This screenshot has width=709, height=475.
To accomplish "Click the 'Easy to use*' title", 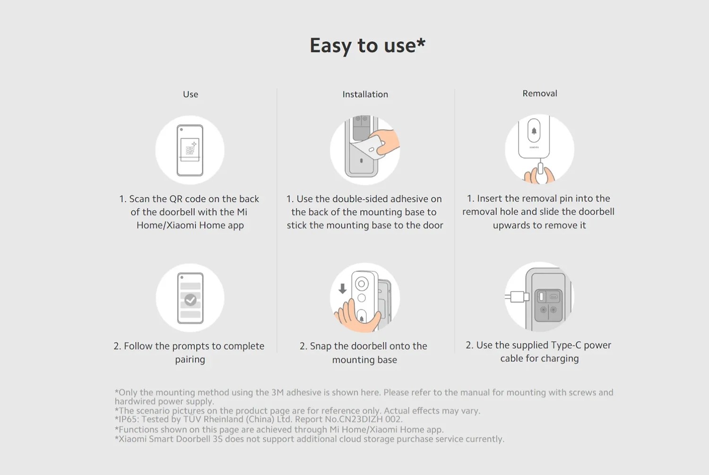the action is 367,45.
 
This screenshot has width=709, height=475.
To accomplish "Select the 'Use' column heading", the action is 190,95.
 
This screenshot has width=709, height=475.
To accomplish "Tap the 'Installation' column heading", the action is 365,95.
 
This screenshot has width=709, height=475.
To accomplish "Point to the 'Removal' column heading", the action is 540,94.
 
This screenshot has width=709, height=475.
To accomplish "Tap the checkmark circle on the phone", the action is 190,299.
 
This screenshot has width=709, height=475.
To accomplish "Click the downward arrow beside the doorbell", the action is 342,288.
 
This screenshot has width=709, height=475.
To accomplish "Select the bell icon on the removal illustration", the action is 534,131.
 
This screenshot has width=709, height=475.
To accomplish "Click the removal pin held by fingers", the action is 541,169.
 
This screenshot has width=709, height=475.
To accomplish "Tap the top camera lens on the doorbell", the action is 362,284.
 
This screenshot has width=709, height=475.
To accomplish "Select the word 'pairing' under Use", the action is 190,360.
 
